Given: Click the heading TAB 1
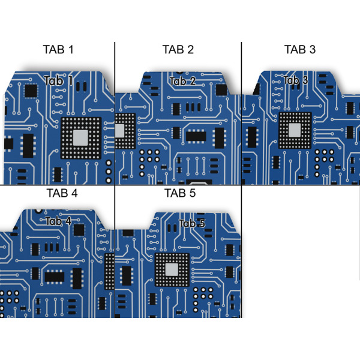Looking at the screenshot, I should coord(58,49).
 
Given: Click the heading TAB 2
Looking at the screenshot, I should coord(178,49).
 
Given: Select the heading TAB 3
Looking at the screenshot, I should coord(300,49).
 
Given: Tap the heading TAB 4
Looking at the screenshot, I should coord(62,193).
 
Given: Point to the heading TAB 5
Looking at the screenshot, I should coord(180,193).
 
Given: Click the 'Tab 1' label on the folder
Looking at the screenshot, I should coord(58,81).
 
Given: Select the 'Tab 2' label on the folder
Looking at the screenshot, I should coord(182,81).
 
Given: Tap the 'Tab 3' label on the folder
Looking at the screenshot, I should coord(296,80).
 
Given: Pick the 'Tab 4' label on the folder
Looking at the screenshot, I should coord(58,221).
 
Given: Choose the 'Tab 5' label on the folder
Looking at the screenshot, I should coord(192,223).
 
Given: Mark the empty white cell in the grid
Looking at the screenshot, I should coord(300,258).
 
